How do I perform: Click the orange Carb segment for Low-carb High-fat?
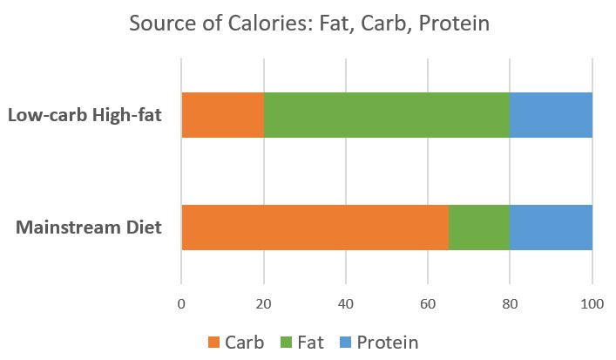(222, 114)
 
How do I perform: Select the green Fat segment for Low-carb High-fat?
(386, 114)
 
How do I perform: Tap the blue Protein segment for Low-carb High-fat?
(551, 114)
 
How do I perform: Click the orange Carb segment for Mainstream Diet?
(315, 228)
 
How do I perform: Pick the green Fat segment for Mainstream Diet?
(478, 228)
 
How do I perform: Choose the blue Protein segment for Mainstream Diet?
(551, 228)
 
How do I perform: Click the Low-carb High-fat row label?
(85, 114)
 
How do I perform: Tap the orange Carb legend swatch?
(213, 342)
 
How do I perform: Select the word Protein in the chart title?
(454, 24)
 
